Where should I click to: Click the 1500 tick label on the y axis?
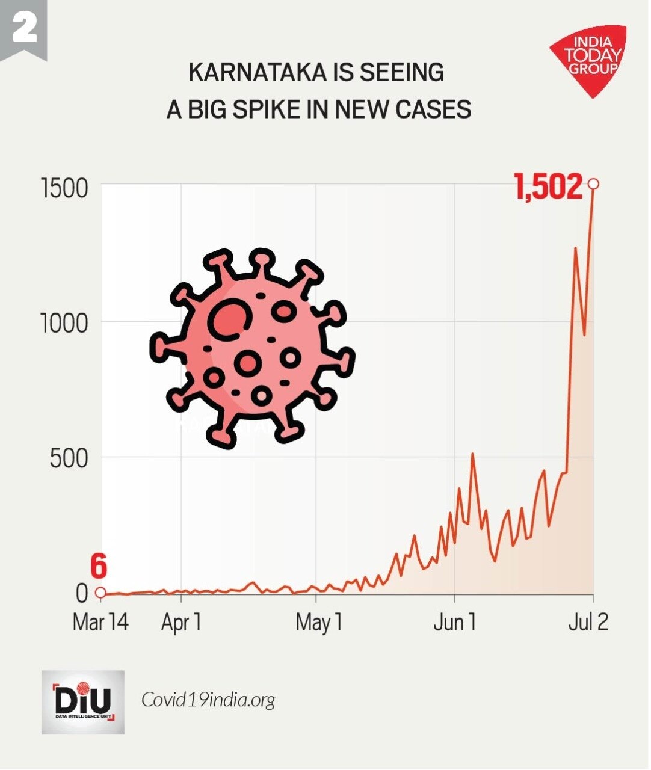[x=64, y=188]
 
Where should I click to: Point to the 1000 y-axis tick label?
[x=64, y=324]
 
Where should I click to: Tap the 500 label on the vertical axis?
[x=69, y=459]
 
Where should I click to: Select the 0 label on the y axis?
[x=82, y=593]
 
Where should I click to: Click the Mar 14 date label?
[x=100, y=622]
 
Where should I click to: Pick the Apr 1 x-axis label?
[x=181, y=622]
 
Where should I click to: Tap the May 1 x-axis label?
[x=319, y=622]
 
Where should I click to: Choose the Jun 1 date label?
[x=454, y=622]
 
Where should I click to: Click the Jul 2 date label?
[x=588, y=622]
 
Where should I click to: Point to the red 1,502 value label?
[x=548, y=186]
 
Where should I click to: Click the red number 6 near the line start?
[x=99, y=567]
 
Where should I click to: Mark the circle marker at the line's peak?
[x=593, y=183]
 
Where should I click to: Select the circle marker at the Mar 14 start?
[x=101, y=593]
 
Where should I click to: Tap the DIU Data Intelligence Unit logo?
[x=83, y=702]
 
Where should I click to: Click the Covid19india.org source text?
[x=208, y=700]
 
